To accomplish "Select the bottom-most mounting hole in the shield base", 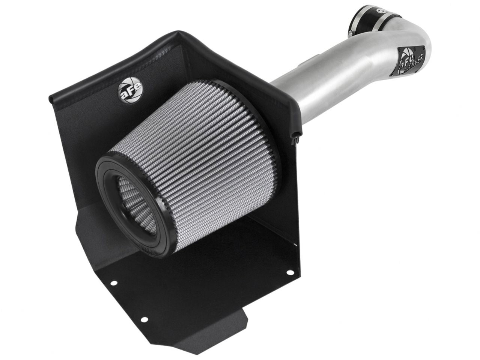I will coord(143,319).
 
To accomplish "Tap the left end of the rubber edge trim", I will coord(51,99).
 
